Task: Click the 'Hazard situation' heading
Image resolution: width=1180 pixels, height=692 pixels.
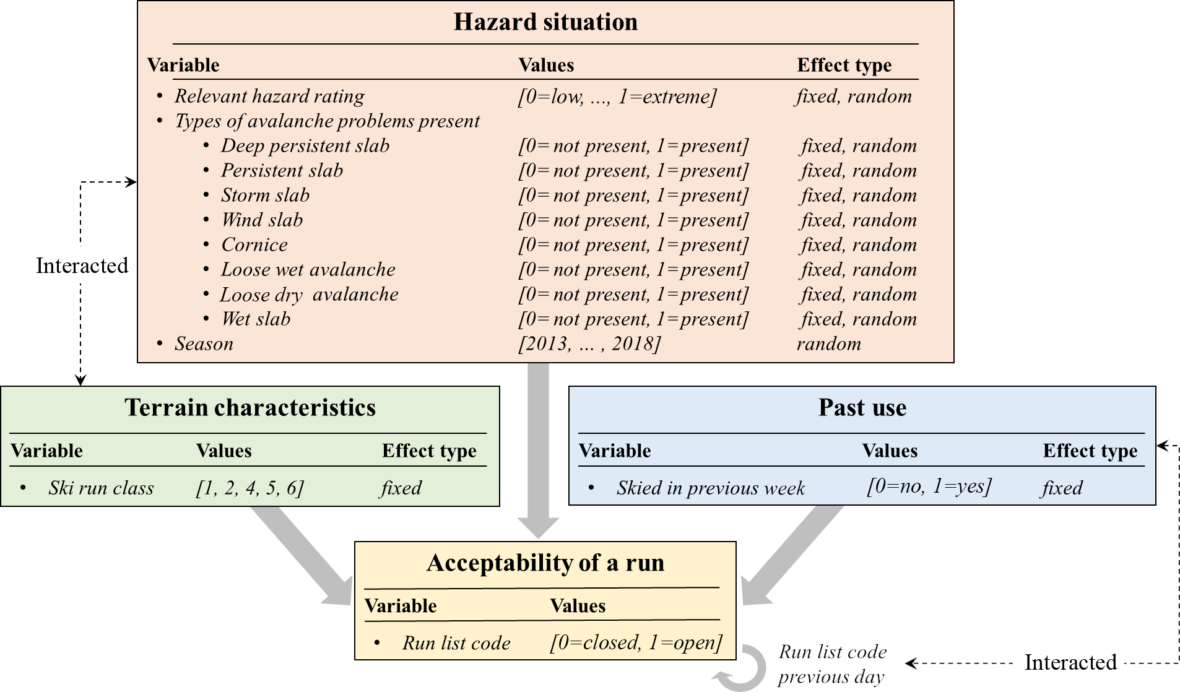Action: [x=545, y=22]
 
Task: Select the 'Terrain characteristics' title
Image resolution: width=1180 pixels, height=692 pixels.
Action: [x=250, y=408]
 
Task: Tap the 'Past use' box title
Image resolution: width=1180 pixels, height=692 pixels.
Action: [x=862, y=408]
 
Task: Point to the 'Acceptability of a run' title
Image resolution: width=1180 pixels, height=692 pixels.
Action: [x=545, y=563]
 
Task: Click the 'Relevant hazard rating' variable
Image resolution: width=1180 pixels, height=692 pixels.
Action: [x=269, y=97]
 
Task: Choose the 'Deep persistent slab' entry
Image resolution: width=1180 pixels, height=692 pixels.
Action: [x=305, y=146]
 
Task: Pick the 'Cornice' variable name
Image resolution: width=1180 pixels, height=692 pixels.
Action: [x=254, y=245]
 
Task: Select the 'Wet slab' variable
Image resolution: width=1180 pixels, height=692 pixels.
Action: [x=256, y=319]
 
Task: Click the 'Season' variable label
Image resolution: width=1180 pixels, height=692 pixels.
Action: [x=204, y=344]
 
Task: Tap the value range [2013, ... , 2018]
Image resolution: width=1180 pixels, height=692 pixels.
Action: [x=589, y=344]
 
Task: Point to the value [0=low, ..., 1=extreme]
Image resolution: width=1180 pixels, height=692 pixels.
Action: [x=617, y=97]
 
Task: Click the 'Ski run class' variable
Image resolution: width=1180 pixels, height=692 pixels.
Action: [x=101, y=488]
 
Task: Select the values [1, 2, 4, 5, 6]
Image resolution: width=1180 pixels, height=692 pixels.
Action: [x=250, y=488]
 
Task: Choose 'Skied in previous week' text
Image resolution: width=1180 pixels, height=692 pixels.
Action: [x=710, y=488]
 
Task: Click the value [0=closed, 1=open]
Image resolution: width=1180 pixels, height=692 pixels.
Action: [x=636, y=643]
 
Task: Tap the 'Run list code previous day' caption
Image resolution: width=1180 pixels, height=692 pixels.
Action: [x=832, y=664]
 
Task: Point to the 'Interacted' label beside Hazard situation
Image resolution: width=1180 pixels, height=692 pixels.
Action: [x=82, y=266]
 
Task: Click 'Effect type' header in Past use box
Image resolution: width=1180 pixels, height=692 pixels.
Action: [x=1090, y=451]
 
